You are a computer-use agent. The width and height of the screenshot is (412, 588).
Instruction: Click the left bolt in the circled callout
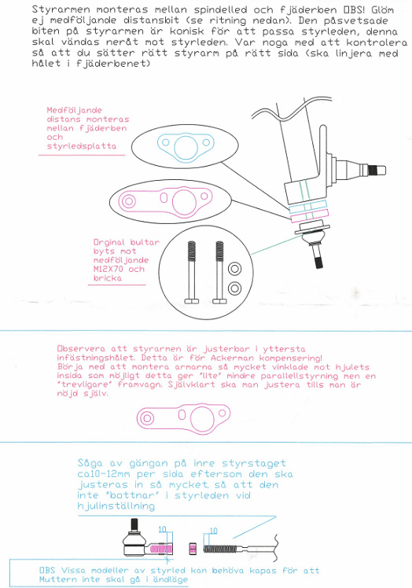coord(191,272)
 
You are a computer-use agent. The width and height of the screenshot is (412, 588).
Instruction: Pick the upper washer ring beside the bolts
coord(234,269)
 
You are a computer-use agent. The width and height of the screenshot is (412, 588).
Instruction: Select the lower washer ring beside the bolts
coord(234,288)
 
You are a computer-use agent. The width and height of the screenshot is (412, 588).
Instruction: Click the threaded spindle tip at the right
coord(377,171)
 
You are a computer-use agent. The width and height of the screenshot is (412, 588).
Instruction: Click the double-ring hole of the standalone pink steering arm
coord(147,418)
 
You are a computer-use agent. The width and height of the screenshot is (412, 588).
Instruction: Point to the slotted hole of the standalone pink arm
coord(182,415)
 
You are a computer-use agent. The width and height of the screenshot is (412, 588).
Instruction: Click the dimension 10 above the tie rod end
coord(162,530)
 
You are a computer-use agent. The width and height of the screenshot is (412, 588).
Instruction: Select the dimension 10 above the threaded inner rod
coord(213,531)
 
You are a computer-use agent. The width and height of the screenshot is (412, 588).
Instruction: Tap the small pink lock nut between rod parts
coord(193,549)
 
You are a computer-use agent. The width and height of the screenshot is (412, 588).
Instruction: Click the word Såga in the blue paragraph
coord(91,464)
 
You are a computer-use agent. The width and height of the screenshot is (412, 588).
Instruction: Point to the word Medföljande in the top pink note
coord(74,110)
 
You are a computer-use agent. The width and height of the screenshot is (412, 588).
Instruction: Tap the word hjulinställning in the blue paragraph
coord(116,506)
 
